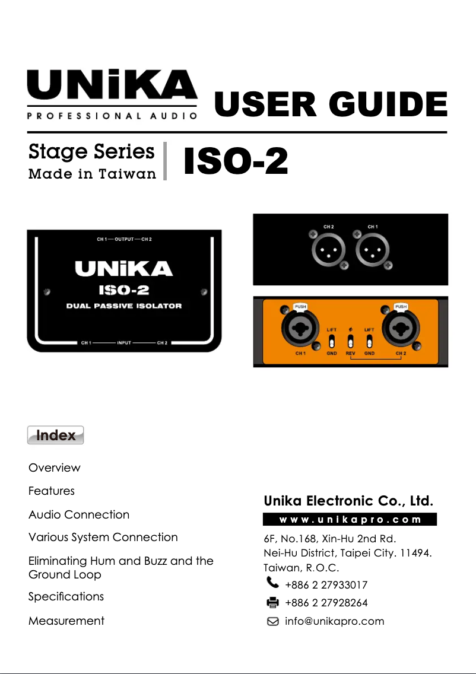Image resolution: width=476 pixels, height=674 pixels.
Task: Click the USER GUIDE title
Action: (331, 105)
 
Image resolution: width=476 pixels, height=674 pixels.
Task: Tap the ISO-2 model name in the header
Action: (236, 161)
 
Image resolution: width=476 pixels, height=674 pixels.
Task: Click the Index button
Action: (55, 435)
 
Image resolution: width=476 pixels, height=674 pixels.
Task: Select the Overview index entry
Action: (54, 468)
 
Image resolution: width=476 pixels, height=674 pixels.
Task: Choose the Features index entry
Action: (52, 491)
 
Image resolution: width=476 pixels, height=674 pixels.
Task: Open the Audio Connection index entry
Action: (79, 514)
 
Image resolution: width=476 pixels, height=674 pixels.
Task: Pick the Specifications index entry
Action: (66, 596)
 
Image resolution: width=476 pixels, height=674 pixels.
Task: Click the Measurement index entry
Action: (66, 621)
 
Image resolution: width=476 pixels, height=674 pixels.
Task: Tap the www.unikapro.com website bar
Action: (350, 519)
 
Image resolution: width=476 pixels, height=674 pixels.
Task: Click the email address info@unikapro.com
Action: (335, 621)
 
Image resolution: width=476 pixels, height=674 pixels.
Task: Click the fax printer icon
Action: (273, 603)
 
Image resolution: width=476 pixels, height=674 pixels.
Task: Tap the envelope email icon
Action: (273, 621)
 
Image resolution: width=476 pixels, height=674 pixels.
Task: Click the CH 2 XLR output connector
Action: (329, 251)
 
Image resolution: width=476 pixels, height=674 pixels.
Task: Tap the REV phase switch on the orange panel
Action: (351, 342)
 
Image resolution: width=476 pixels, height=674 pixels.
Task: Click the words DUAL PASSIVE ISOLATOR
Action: (124, 306)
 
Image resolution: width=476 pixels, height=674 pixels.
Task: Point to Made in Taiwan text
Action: (92, 174)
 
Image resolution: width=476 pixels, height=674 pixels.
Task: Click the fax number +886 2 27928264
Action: (326, 603)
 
